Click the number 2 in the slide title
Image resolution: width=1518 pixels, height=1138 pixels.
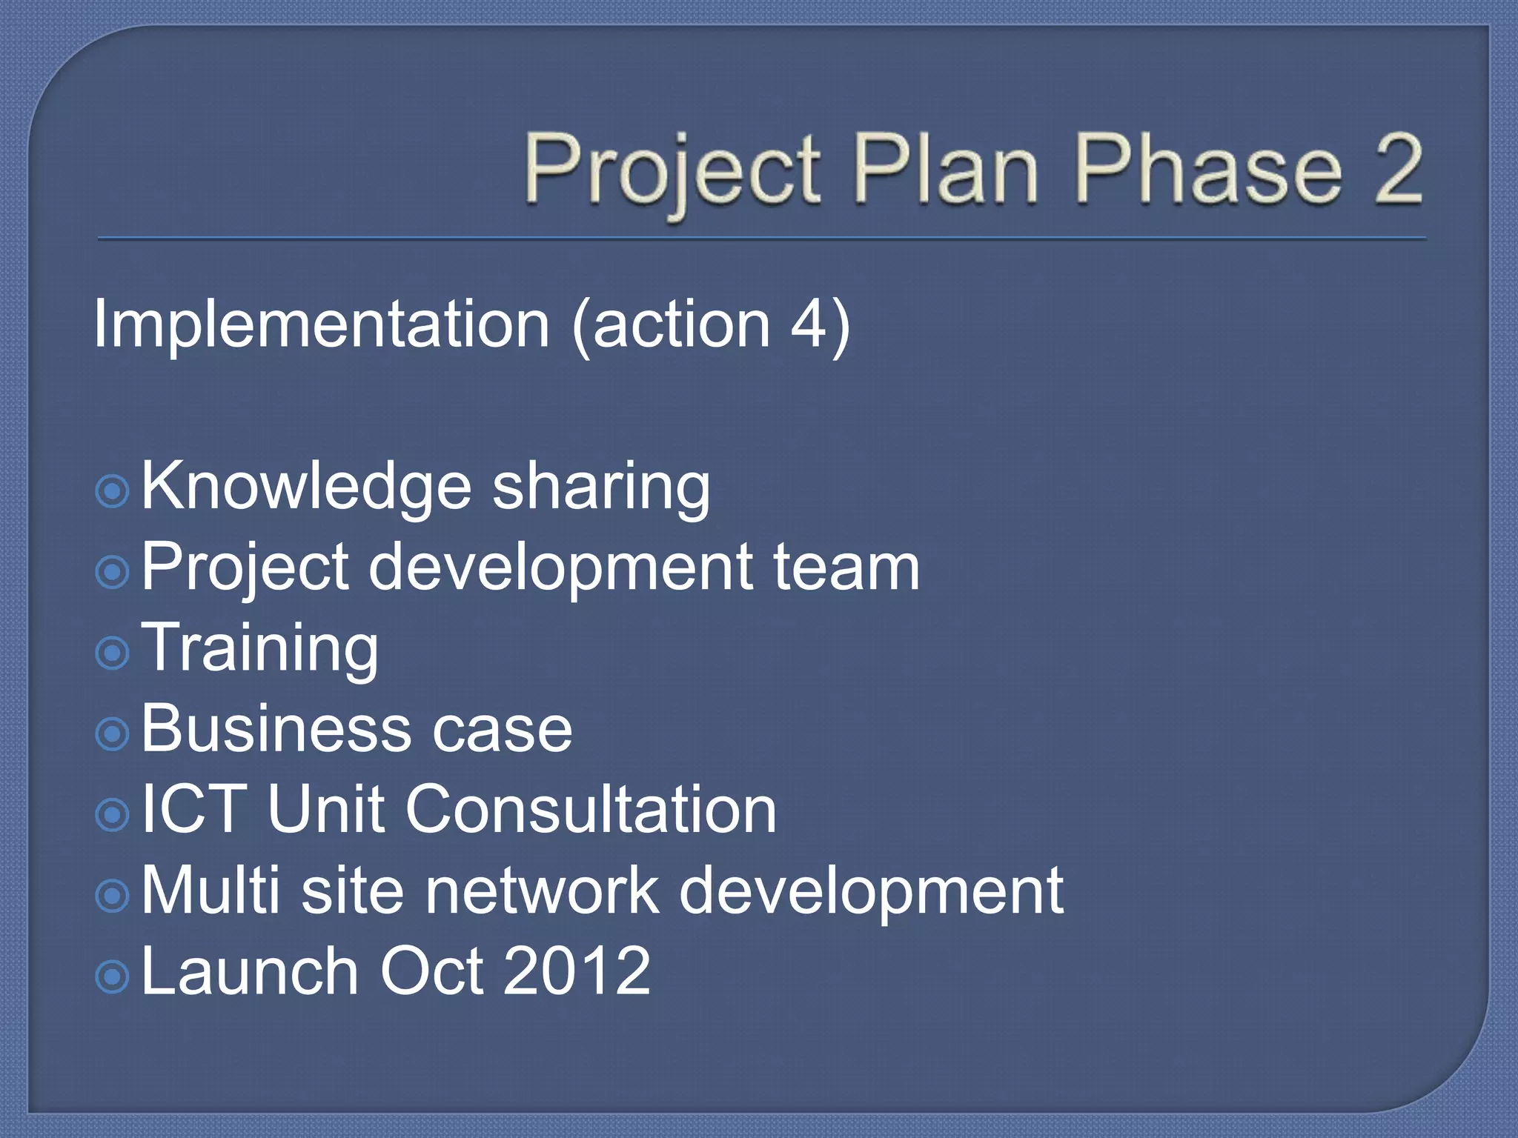point(1397,168)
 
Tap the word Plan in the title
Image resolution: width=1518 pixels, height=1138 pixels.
point(945,168)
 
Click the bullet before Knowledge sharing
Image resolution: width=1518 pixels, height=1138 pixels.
point(113,491)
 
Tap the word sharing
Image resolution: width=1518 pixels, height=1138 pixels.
point(601,488)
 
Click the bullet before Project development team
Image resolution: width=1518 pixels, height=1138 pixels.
point(113,572)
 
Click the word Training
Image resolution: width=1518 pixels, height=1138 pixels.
point(259,649)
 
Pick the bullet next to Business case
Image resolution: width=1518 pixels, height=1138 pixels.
point(113,733)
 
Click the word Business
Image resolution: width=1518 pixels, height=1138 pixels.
point(274,729)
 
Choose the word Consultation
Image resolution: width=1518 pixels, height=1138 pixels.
point(591,809)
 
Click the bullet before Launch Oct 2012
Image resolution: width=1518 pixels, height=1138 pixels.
point(113,976)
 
